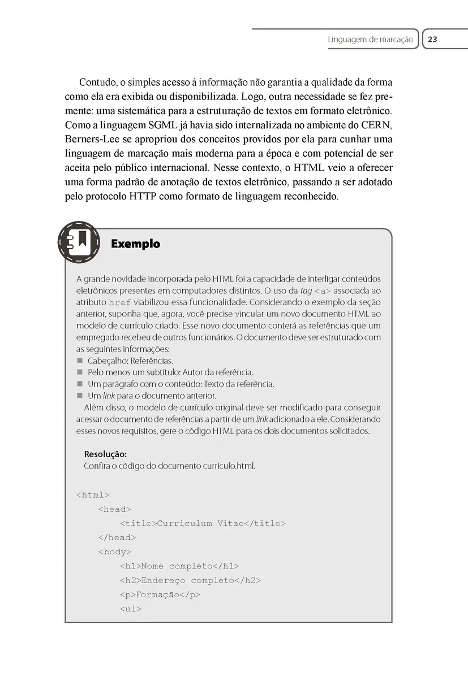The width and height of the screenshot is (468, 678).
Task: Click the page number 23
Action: [432, 40]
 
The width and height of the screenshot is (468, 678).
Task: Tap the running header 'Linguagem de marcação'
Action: [371, 40]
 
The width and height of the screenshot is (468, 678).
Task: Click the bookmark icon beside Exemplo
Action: [79, 242]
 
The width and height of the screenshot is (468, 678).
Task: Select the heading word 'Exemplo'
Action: [136, 244]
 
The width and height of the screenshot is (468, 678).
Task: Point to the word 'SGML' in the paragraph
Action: [175, 124]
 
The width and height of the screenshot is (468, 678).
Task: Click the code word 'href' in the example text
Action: [120, 302]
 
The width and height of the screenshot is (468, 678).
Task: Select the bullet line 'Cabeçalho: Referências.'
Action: [130, 360]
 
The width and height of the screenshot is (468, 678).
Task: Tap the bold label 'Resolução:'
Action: [105, 454]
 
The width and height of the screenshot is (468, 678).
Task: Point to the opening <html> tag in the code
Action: [93, 496]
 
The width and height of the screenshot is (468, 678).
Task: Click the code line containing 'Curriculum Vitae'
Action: [203, 524]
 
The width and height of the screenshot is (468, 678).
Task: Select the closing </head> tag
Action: [117, 538]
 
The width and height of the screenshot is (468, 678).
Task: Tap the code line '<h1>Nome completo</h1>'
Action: [179, 566]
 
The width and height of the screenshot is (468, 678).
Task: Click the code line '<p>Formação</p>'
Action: [160, 595]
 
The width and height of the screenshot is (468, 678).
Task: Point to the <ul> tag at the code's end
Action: [130, 609]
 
